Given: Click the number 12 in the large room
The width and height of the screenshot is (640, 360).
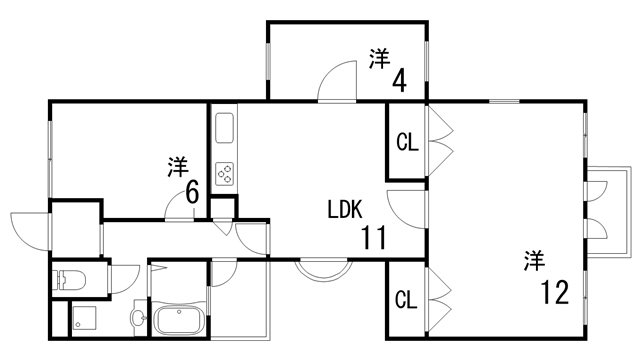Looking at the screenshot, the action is tap(554, 293).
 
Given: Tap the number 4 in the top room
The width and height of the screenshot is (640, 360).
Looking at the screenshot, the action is tap(399, 79).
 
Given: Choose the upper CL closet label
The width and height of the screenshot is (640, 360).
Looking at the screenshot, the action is tap(405, 142).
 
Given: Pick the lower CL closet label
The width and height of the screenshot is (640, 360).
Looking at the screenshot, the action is tap(405, 299).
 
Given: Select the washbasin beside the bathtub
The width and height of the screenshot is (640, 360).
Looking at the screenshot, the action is tap(138, 318).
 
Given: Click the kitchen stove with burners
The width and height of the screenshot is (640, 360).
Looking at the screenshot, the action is tap(224, 173).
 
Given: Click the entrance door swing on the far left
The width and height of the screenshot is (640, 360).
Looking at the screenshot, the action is tap(29, 229).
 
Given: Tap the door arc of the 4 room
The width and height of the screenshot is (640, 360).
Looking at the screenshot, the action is tap(338, 82).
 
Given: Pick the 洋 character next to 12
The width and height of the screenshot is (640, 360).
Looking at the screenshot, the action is tap(533, 261).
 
